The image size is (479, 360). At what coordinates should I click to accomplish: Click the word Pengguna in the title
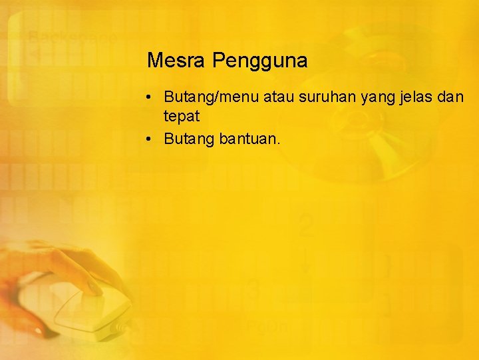260,61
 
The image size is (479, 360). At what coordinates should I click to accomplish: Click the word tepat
181,117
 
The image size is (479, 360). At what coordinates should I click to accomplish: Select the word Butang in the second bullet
189,139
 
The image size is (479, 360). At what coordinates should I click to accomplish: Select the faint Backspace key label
72,37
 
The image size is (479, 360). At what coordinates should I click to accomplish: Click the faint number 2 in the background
305,227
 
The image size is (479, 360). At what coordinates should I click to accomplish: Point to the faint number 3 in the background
253,291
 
